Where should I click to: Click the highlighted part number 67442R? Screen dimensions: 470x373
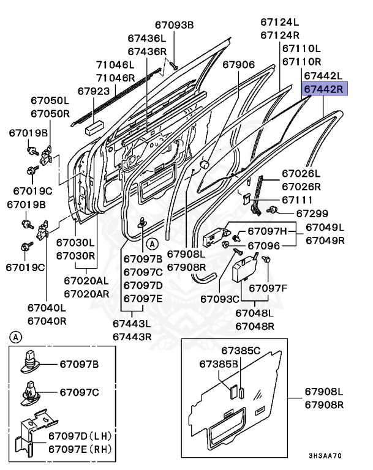click(325, 89)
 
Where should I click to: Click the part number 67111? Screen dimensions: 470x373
click(297, 200)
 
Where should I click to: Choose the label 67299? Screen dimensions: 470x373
click(312, 213)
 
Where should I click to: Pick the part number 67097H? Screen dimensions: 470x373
click(267, 231)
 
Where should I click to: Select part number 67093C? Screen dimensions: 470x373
click(220, 299)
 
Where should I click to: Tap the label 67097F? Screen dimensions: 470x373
click(268, 287)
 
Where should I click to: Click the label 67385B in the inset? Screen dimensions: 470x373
click(219, 364)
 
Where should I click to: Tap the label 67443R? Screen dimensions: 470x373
click(132, 336)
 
